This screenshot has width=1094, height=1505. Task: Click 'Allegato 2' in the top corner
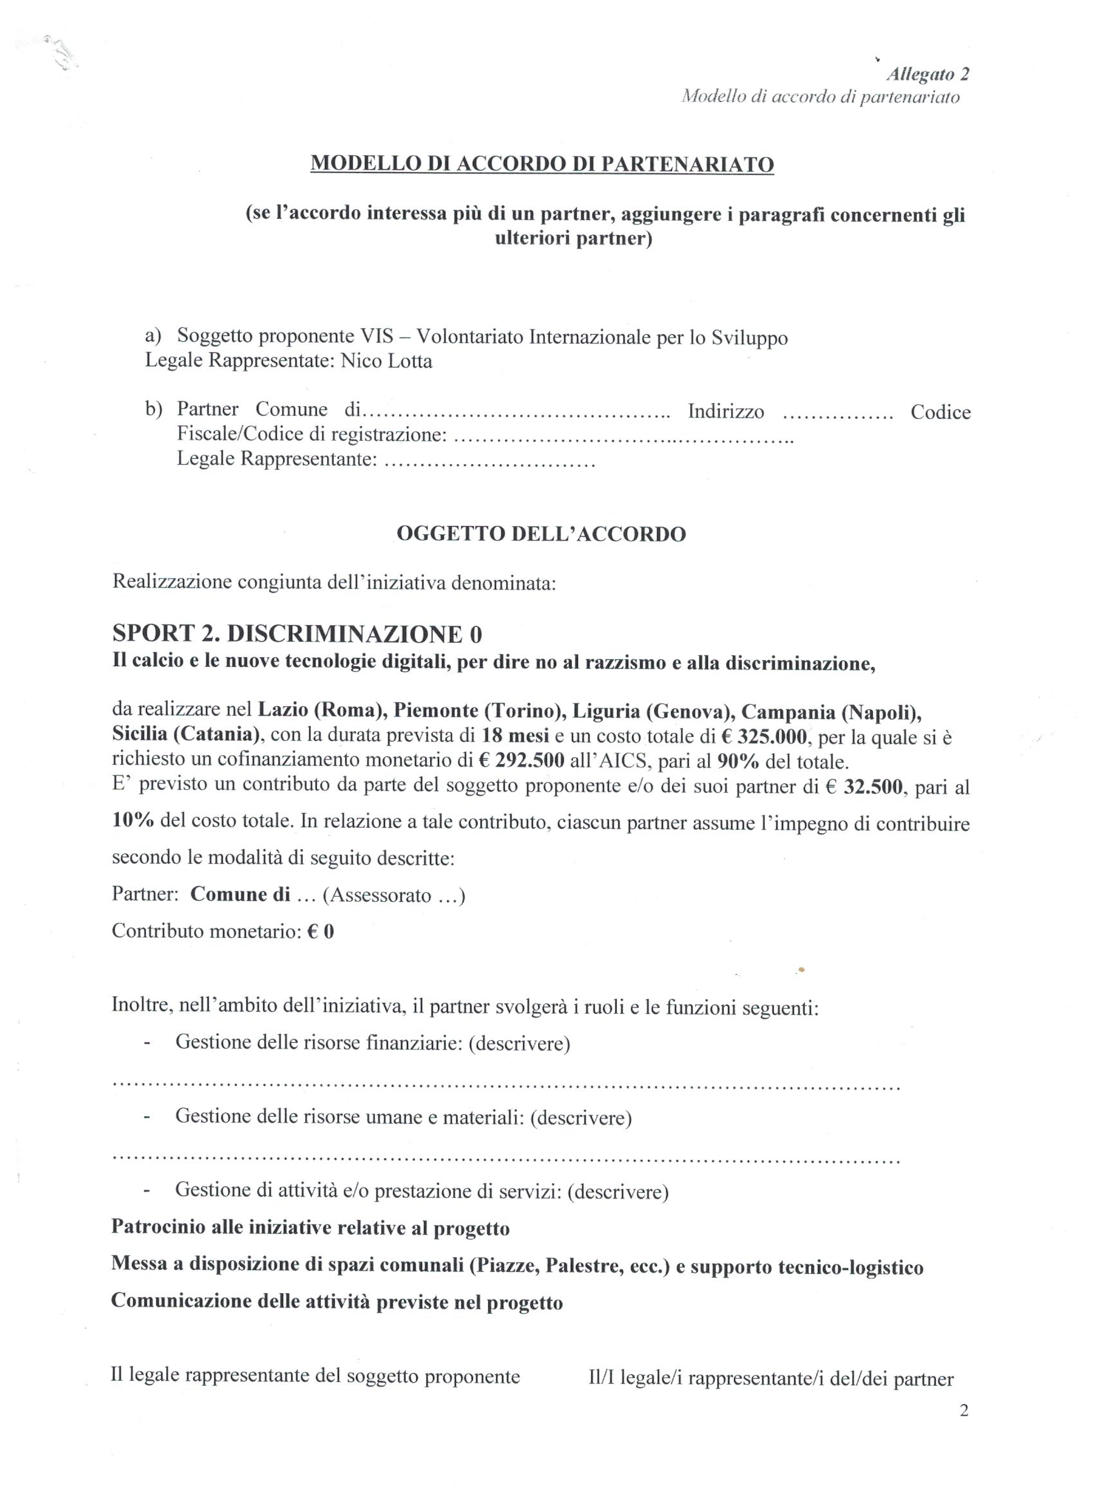[927, 74]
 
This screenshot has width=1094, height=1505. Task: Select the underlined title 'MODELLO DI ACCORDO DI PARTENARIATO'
[542, 164]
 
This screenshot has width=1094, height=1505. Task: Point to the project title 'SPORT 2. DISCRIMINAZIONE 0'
[297, 635]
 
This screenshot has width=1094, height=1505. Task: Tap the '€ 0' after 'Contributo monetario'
[320, 931]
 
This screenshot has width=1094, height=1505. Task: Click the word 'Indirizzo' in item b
[726, 411]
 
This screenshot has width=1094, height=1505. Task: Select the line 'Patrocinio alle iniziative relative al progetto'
[310, 1228]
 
